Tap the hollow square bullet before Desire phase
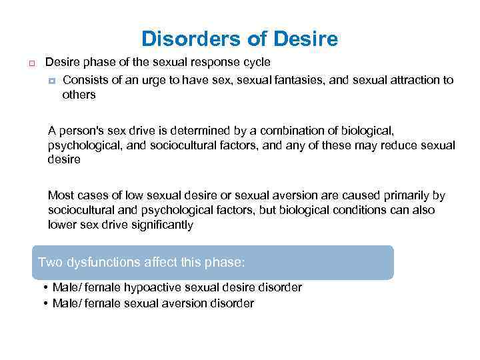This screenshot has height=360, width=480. point(31,63)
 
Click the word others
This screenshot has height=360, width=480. point(79,95)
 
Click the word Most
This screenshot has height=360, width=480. point(60,196)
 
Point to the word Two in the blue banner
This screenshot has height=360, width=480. point(50,262)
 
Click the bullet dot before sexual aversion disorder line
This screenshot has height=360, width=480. point(43,304)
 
